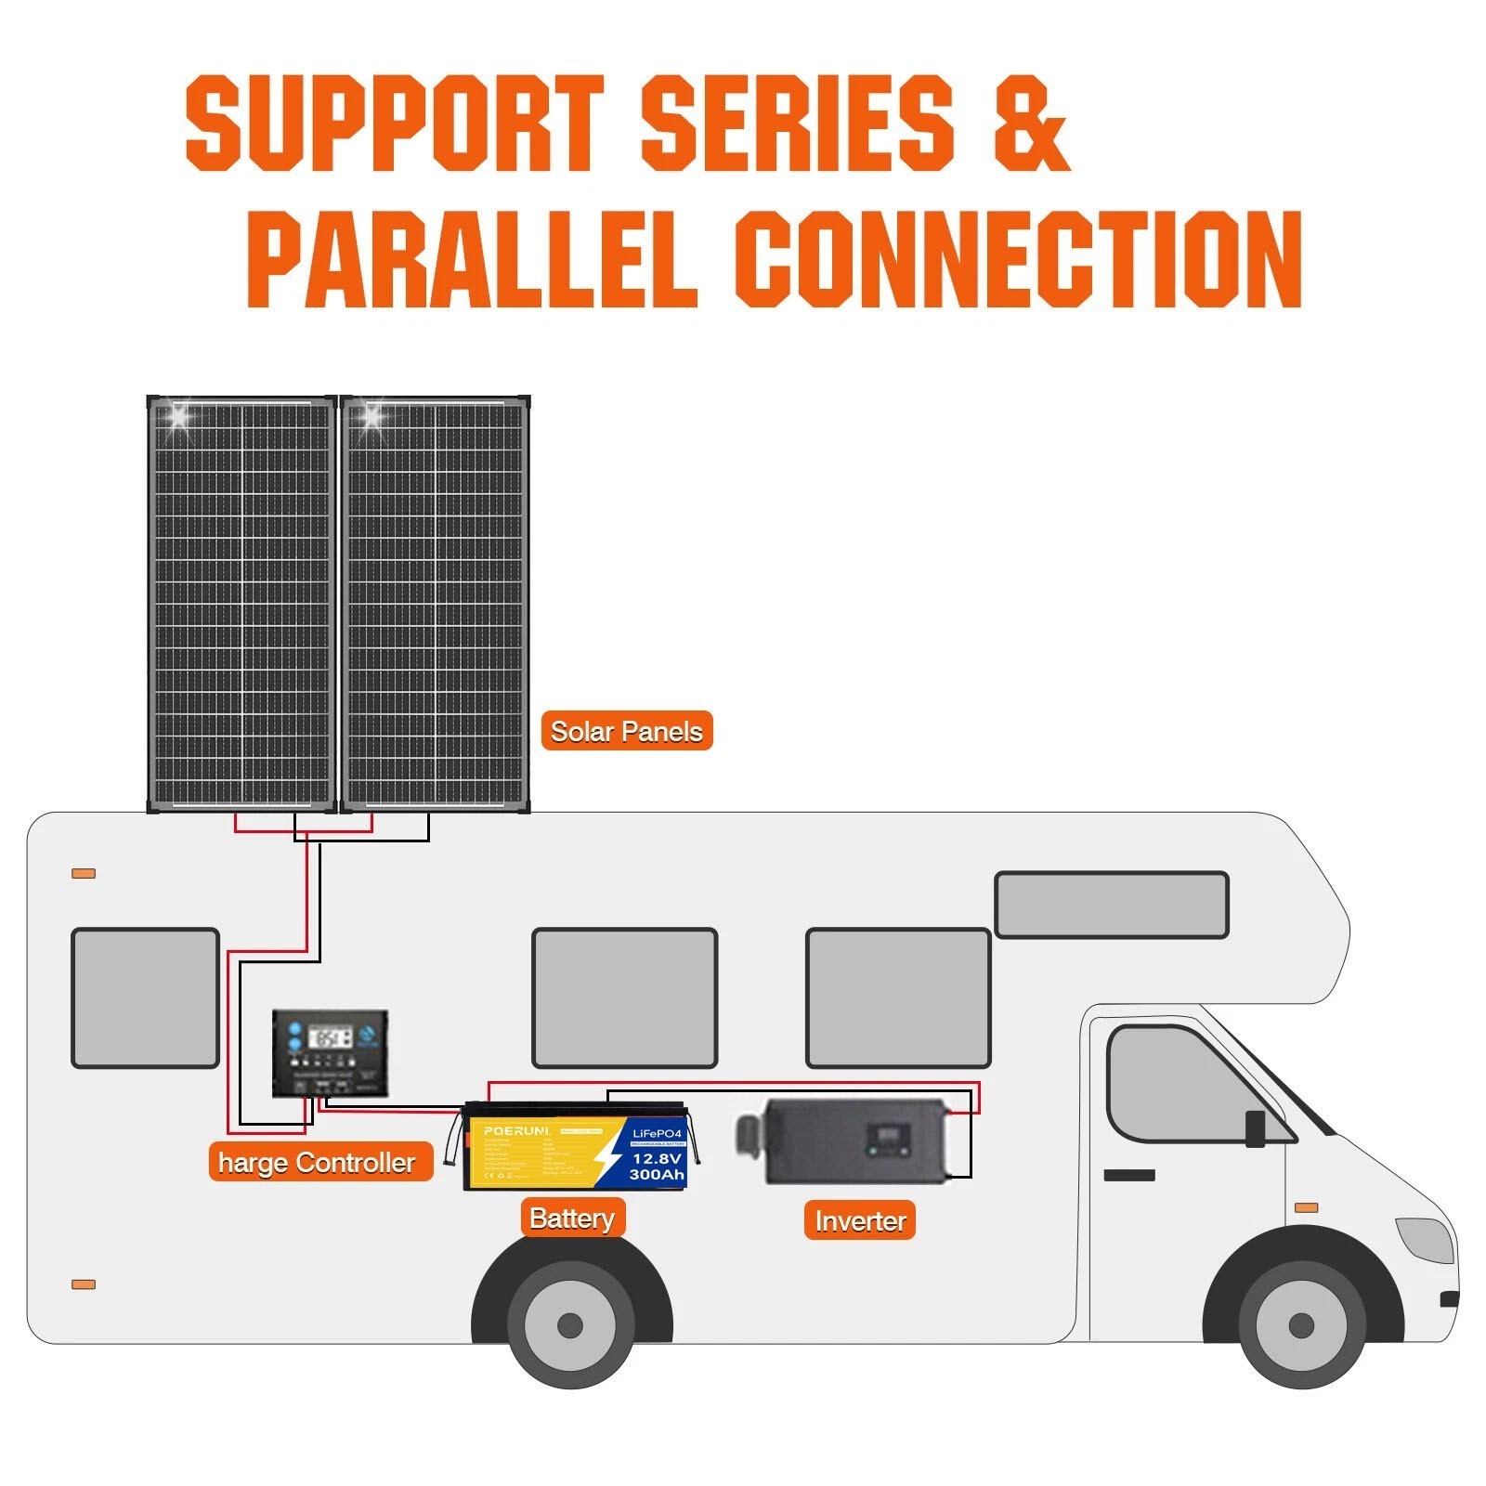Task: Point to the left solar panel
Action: (241, 604)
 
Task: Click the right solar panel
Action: (435, 604)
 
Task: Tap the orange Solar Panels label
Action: (626, 731)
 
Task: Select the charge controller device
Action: (330, 1053)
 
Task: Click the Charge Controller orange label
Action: (320, 1162)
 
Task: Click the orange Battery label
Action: (572, 1218)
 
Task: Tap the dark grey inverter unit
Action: (845, 1141)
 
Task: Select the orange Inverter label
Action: (859, 1220)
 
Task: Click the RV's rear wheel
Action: (570, 1324)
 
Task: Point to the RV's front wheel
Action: (1301, 1324)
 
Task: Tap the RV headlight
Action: (1426, 1239)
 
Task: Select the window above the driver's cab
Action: (1111, 905)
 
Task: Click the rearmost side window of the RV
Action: (146, 997)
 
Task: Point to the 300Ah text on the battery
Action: (657, 1175)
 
